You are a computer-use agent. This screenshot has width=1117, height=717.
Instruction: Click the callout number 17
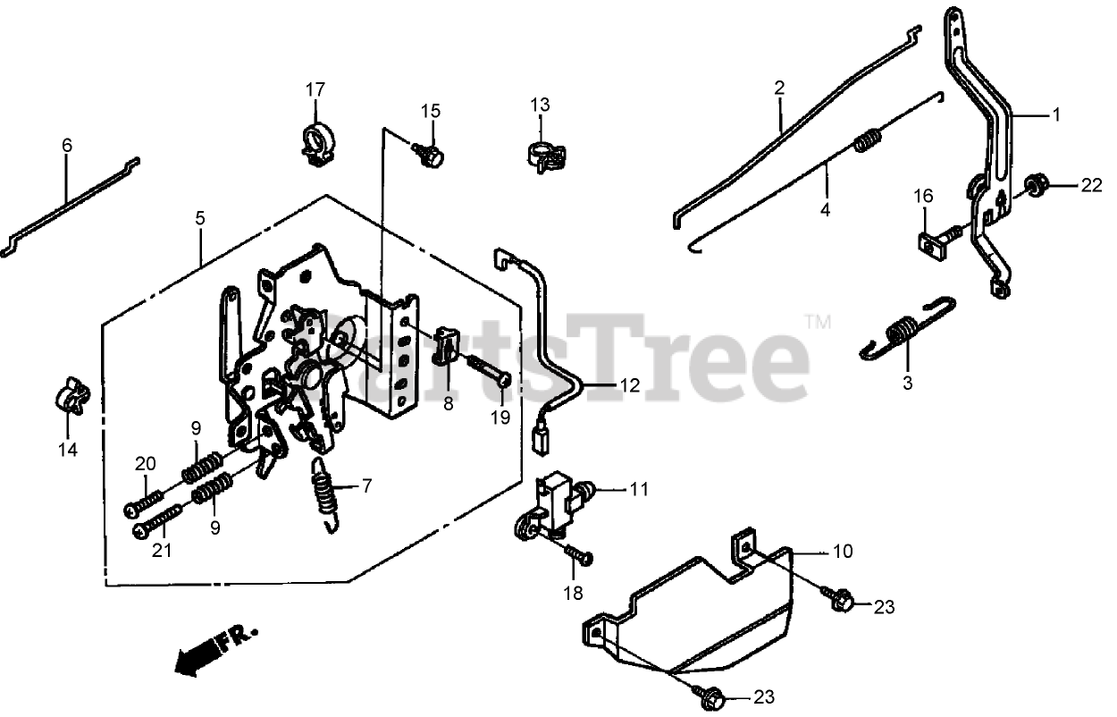[x=315, y=89]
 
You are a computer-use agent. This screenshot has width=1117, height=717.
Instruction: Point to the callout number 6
[x=67, y=145]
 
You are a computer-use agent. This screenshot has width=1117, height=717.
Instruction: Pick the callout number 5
[x=200, y=217]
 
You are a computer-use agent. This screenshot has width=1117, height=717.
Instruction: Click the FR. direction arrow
[x=214, y=649]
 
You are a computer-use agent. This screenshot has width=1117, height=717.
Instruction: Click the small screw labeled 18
[x=580, y=555]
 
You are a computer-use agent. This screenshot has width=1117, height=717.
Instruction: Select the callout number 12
[x=630, y=386]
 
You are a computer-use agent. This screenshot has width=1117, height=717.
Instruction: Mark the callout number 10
[x=844, y=551]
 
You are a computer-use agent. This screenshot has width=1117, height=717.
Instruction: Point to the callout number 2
[x=779, y=89]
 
